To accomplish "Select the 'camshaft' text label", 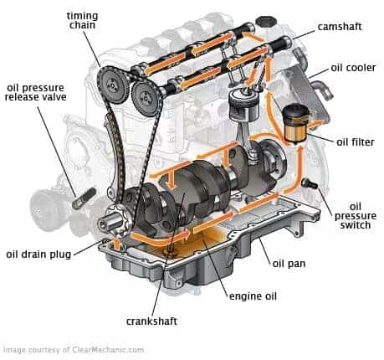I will click(340, 27).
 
